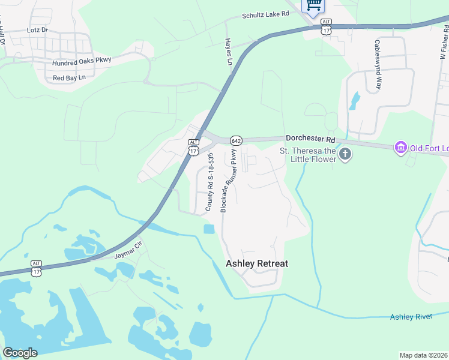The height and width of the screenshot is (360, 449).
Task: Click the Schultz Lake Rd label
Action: point(265,15)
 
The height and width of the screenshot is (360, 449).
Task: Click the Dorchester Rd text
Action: point(309,137)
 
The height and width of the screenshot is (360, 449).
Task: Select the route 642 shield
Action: point(236,140)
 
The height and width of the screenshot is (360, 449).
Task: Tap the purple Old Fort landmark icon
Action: point(400,146)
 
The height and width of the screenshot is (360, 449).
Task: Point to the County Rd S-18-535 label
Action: point(210,182)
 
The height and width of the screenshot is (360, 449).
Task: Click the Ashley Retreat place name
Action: point(256,263)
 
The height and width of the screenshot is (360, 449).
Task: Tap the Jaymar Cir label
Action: point(127,251)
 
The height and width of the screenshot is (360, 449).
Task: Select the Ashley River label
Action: point(411,316)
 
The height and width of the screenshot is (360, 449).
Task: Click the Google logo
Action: point(20,353)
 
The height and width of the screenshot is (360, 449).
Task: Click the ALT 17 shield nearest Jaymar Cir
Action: point(36,268)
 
